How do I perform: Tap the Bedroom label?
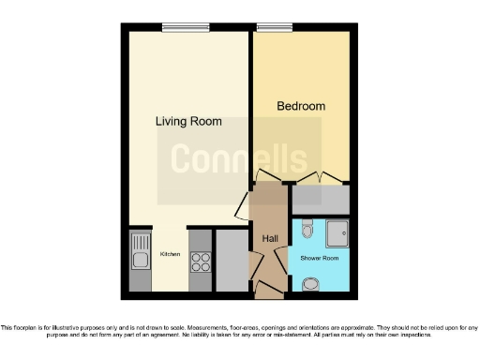(301, 106)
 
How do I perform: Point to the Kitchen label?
(170, 254)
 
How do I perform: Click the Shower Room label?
(319, 257)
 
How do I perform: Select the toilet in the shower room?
(308, 227)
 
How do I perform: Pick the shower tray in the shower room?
(337, 232)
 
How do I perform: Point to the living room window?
(188, 28)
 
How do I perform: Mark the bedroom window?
(273, 28)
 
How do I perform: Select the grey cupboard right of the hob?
(230, 260)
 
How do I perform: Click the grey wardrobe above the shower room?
(321, 199)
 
